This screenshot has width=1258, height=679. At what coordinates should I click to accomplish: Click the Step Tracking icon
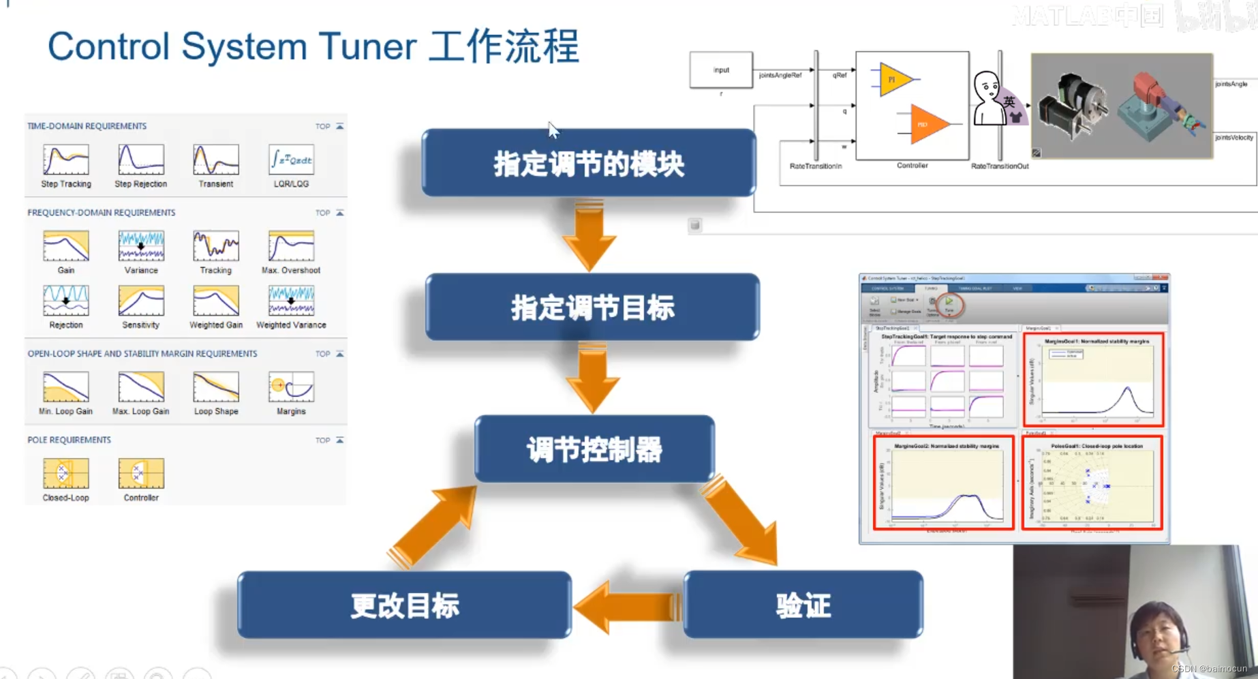click(66, 160)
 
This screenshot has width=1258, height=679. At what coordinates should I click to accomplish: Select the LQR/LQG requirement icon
click(291, 160)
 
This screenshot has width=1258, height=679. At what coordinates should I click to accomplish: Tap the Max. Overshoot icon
click(291, 246)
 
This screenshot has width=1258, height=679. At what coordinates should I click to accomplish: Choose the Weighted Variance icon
click(291, 301)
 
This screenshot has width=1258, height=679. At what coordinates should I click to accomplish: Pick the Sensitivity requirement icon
click(141, 301)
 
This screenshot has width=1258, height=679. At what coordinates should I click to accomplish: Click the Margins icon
click(291, 387)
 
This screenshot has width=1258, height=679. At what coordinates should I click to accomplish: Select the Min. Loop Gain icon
click(66, 387)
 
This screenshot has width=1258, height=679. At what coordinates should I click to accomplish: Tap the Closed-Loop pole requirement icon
click(66, 473)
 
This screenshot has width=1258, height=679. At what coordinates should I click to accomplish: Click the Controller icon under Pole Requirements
click(141, 473)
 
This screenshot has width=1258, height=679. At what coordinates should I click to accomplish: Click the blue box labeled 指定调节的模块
click(589, 164)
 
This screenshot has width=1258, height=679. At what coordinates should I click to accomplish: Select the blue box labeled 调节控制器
click(594, 449)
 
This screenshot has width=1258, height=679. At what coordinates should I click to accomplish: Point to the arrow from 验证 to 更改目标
click(627, 607)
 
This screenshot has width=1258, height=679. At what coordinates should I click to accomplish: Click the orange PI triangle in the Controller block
click(893, 80)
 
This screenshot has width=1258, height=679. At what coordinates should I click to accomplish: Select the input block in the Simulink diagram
click(721, 70)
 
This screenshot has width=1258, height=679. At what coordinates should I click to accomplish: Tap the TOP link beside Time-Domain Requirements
click(323, 127)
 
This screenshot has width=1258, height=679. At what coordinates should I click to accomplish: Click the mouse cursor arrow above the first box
click(553, 129)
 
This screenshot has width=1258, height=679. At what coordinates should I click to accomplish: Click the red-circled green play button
click(949, 302)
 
